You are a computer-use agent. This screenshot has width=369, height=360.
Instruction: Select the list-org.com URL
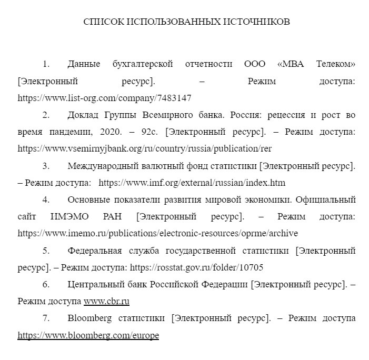tap(104, 98)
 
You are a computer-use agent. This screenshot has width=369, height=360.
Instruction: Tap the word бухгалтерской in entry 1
tap(143, 64)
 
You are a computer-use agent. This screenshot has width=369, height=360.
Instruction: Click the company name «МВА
tap(290, 64)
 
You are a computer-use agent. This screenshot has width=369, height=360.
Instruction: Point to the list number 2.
tap(46, 115)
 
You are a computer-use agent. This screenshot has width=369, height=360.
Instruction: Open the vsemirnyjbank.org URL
tap(145, 148)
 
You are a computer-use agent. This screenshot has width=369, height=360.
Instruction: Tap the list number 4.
tap(46, 199)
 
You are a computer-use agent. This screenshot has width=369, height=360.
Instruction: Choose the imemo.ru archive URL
tap(158, 233)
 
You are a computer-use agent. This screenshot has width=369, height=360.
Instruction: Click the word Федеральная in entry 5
tap(95, 251)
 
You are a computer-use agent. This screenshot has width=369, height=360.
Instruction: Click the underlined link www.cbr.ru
tap(106, 301)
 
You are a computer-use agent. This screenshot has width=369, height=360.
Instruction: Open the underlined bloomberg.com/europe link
tap(88, 335)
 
